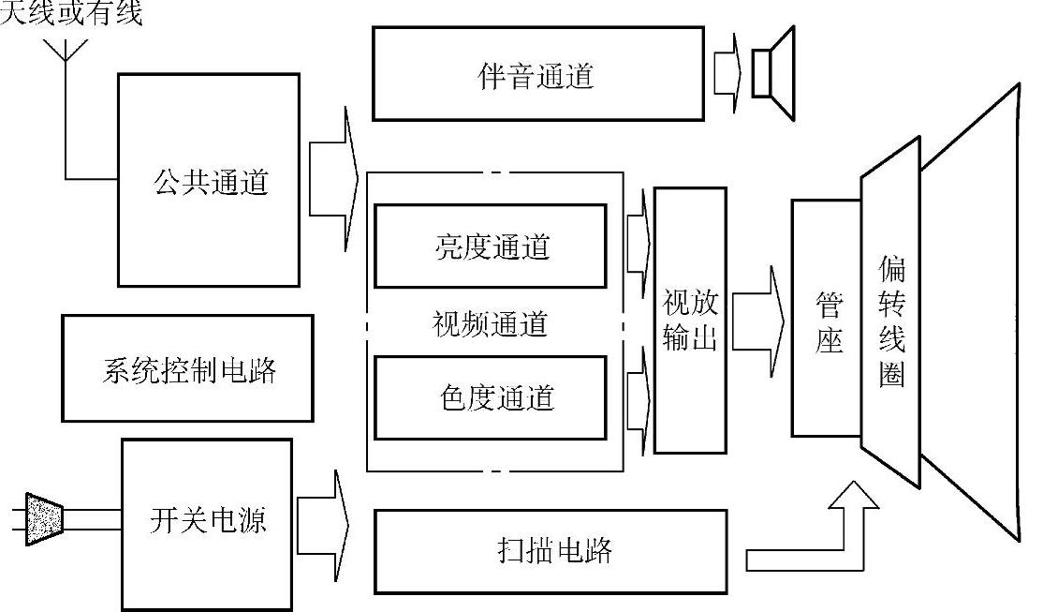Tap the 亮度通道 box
pos(491,246)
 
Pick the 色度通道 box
pos(491,397)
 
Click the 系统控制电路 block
pos(187,368)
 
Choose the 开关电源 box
pos(208,520)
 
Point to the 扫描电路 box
pos(551,550)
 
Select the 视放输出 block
pos(690,321)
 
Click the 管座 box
pos(826,318)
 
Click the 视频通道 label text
pos(490,324)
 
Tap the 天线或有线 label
pos(71,14)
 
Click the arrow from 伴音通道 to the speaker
pos(727,71)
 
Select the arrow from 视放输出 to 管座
pos(759,321)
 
